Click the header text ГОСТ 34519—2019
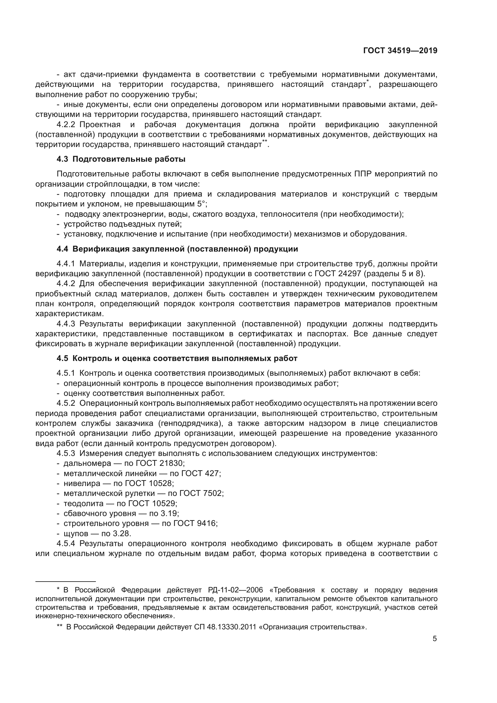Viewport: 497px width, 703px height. (x=400, y=51)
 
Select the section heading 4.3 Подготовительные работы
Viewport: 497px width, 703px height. (x=121, y=159)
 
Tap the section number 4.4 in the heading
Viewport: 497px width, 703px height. (x=62, y=249)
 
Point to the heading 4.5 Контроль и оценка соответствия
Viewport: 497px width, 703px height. (x=177, y=359)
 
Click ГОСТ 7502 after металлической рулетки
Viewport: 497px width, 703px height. (x=201, y=493)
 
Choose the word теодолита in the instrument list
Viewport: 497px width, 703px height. (x=83, y=503)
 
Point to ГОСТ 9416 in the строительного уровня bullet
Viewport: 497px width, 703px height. (x=195, y=523)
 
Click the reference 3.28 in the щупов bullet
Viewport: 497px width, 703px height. (x=122, y=533)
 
